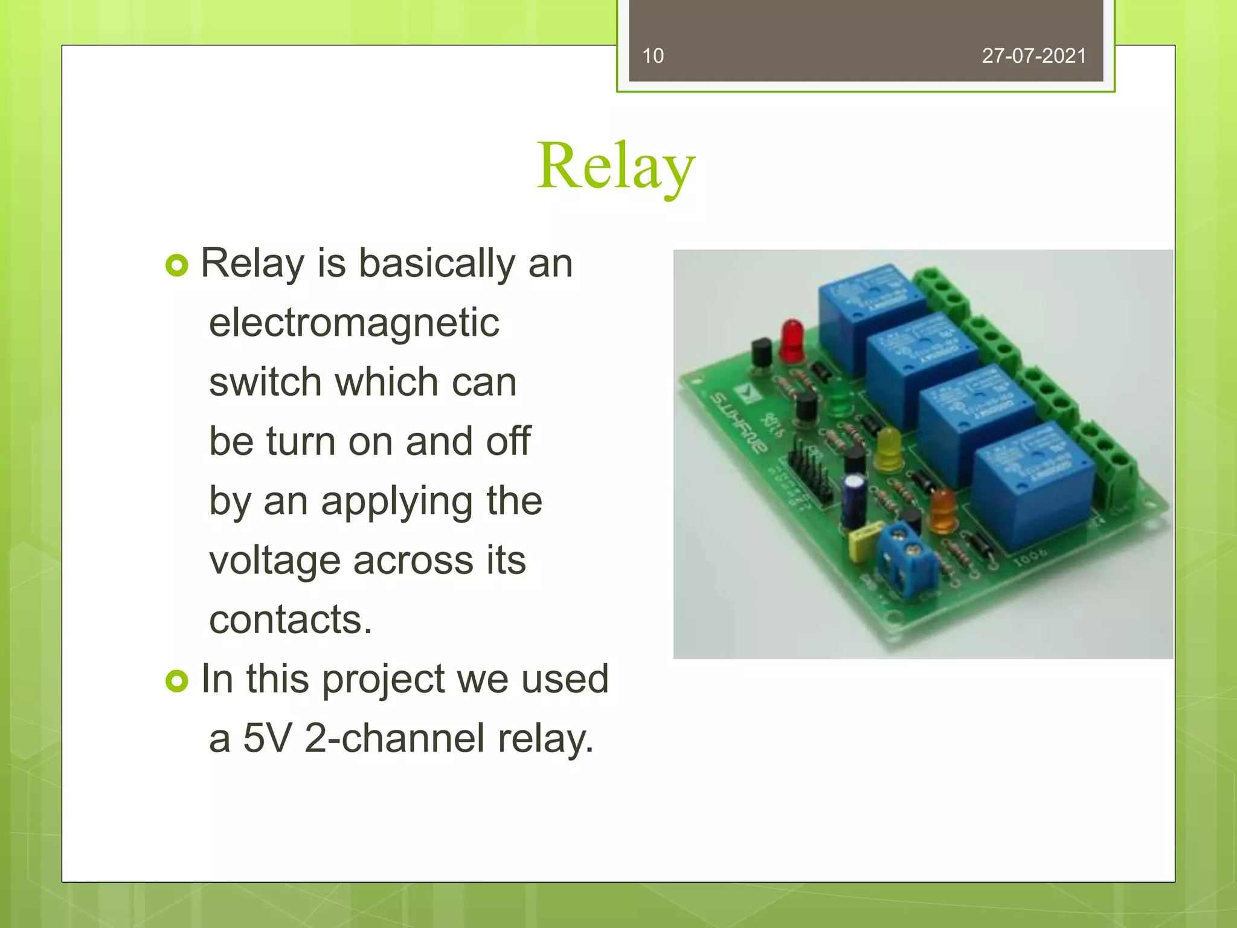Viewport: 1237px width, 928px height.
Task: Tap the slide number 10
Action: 652,56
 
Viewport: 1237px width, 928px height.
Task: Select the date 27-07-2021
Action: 1033,56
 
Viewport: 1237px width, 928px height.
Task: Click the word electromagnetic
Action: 354,323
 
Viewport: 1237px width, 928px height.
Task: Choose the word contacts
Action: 291,620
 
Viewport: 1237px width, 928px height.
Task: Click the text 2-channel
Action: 394,738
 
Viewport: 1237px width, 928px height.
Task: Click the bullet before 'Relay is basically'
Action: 177,265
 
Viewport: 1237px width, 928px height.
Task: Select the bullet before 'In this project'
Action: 177,681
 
